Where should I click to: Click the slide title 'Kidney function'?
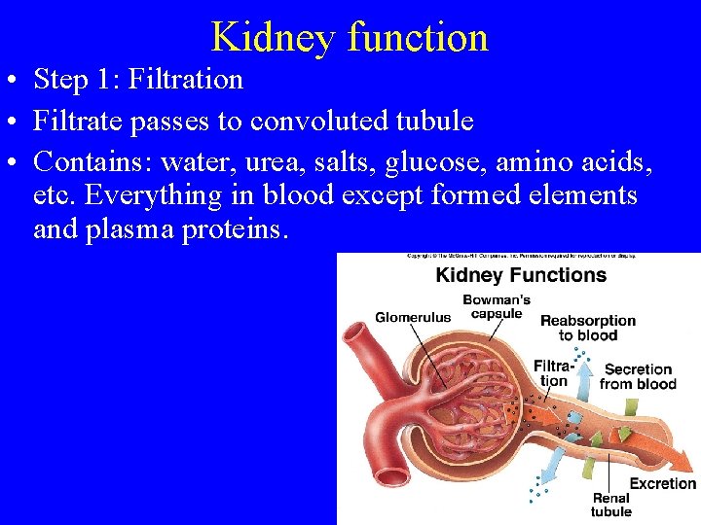point(350,37)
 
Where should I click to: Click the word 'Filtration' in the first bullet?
point(187,79)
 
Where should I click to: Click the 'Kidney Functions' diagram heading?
point(521,274)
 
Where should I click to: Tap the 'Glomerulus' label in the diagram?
point(413,317)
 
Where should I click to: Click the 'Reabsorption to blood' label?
point(587,328)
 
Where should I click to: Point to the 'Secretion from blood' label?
point(638,376)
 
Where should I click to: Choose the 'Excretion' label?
point(663,483)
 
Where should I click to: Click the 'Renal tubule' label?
point(610,506)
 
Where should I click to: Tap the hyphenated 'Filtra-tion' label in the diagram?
point(552,373)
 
